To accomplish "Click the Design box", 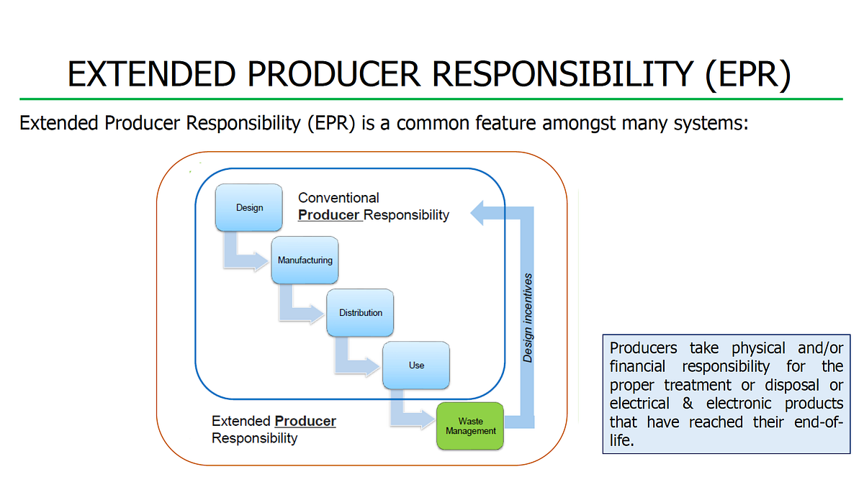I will coord(249,208).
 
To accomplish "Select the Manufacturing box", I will coord(305,260).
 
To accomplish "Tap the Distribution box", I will coord(360,313).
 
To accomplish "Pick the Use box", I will coord(416,365).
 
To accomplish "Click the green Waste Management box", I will coord(471,427).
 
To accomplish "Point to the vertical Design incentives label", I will coord(528,317).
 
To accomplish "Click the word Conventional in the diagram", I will coord(338,197).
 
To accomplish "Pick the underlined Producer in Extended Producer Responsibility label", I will coord(305,421).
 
